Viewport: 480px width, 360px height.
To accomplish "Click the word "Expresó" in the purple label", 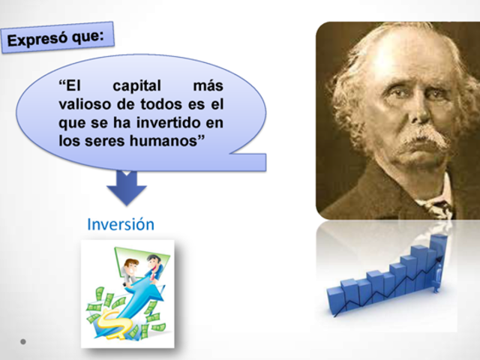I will pos(39,38).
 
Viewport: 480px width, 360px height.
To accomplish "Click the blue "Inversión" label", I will pos(120,224).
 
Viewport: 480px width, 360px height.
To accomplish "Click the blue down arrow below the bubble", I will pos(125,188).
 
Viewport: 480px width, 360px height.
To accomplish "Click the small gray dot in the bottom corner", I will pos(23,342).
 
